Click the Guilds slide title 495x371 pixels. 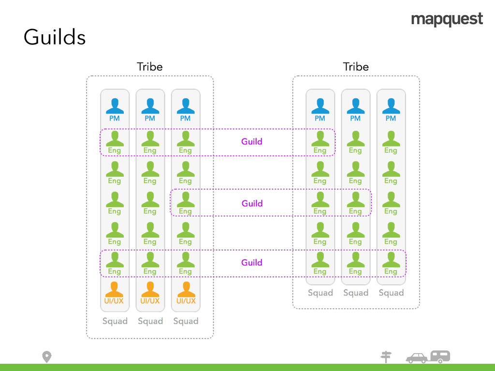[x=55, y=37]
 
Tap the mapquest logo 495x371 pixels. [x=447, y=20]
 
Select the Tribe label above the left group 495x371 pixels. [x=149, y=67]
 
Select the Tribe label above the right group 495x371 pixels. [x=356, y=67]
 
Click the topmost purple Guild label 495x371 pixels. [x=252, y=142]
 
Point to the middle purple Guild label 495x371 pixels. [x=252, y=203]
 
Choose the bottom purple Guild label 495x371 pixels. [x=252, y=262]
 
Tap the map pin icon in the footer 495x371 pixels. [x=46, y=357]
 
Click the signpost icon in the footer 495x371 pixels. [x=386, y=357]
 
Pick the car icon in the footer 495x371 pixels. [x=416, y=358]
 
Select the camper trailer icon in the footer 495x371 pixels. [x=440, y=357]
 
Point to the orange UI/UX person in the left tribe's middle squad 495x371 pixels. [x=150, y=289]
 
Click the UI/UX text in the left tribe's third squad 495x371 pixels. [x=186, y=301]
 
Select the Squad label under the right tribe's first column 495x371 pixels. [x=320, y=293]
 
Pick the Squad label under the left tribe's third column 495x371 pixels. [x=186, y=321]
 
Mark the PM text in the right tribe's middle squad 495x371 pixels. [x=355, y=118]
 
